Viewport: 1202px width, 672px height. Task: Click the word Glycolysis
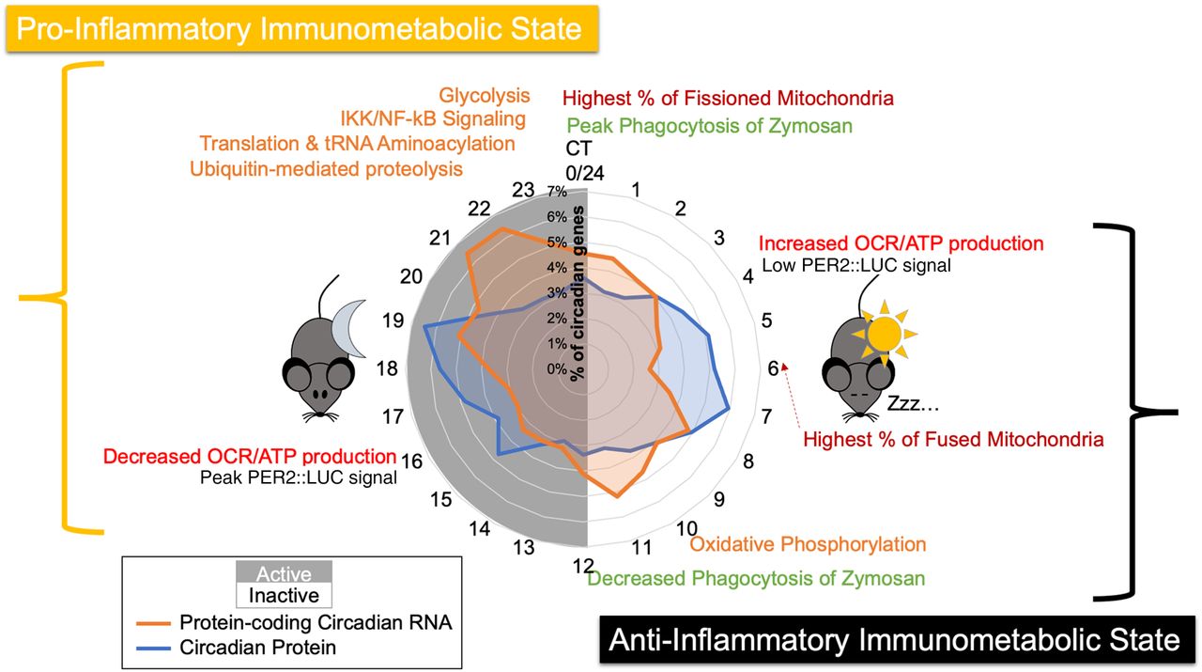pos(484,96)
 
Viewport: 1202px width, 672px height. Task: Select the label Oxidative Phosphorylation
pos(808,544)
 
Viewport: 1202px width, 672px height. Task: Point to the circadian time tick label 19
pos(393,320)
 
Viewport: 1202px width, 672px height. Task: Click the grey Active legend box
pos(284,573)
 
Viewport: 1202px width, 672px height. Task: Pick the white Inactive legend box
pos(284,595)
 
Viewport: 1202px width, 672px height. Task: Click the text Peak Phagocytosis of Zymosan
pos(709,125)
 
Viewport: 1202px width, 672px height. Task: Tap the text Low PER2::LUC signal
pos(855,265)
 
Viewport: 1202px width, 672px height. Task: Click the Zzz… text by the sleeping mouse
pos(907,406)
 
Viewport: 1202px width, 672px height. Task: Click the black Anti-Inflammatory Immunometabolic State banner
pos(893,640)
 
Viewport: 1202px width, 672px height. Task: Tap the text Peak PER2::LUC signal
pos(298,477)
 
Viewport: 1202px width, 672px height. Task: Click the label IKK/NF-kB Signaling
pos(433,119)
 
